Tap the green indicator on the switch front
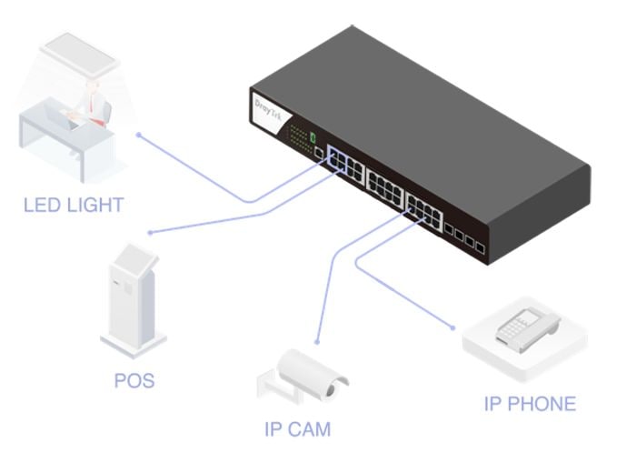(312, 137)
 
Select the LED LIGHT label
(73, 205)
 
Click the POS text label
(134, 380)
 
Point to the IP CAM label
(297, 428)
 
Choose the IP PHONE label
(529, 403)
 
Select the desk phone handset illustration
(522, 327)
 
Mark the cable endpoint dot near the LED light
(138, 134)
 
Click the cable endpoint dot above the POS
(151, 233)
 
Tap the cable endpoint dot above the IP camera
(316, 343)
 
